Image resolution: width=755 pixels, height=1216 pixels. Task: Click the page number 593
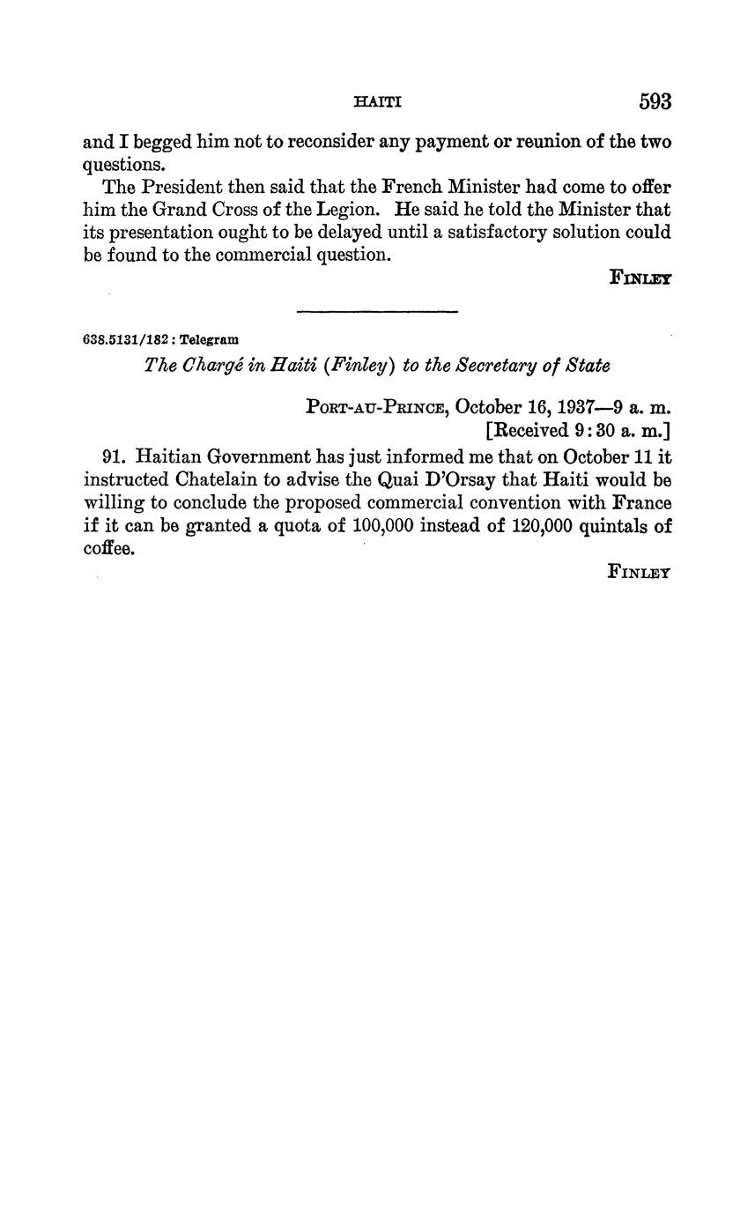click(655, 102)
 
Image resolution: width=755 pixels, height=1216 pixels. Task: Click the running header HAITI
click(377, 102)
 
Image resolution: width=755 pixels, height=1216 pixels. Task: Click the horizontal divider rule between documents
click(378, 311)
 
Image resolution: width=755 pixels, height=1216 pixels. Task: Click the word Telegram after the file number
click(209, 339)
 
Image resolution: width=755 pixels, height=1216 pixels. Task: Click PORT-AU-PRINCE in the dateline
click(377, 407)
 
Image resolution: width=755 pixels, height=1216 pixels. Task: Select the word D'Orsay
click(459, 480)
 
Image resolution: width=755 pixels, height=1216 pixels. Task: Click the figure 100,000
click(382, 526)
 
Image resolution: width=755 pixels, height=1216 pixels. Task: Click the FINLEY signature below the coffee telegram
click(640, 572)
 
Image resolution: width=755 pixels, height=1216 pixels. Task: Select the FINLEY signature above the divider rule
click(640, 278)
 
